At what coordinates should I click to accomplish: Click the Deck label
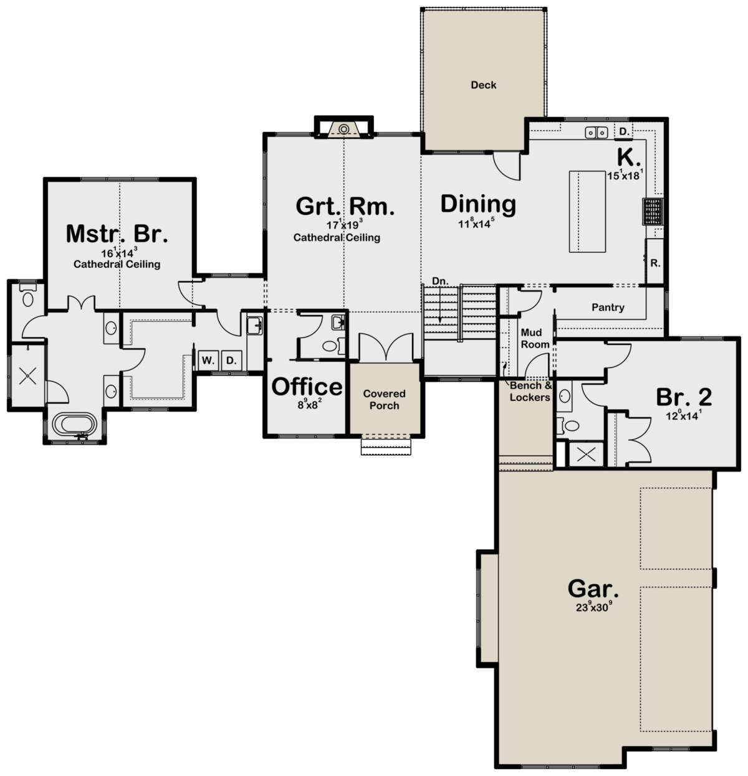pos(483,85)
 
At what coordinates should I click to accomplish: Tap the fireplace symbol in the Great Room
pos(343,129)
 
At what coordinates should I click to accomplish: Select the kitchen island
pos(587,211)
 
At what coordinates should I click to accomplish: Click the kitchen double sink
pos(597,133)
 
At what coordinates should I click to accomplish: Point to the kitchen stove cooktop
pos(653,211)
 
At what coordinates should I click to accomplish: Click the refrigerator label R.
pos(655,263)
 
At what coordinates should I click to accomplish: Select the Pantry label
pos(608,308)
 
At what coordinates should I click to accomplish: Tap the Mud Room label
pos(535,338)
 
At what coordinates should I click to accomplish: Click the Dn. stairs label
pos(440,281)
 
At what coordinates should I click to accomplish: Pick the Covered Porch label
pos(384,400)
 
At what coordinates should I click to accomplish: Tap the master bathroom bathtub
pos(74,425)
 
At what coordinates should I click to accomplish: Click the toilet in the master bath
pos(27,297)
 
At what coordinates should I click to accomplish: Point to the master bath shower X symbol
pos(27,376)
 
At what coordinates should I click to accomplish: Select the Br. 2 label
pos(684,397)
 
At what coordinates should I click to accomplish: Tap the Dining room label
pos(478,204)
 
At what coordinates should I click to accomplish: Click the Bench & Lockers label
pos(531,391)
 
